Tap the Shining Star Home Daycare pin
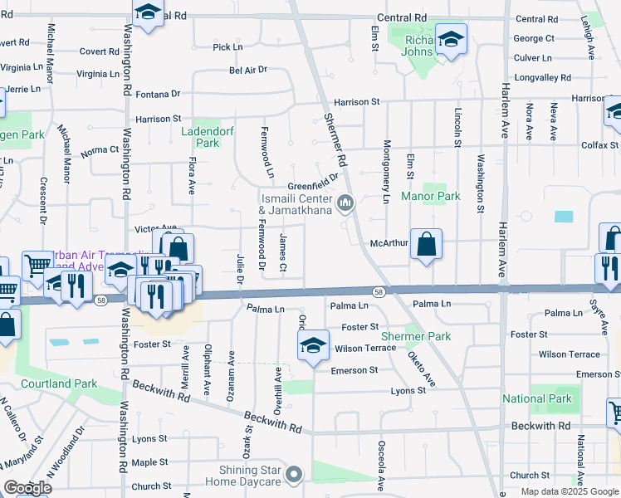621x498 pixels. (x=293, y=475)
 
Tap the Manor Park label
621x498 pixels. (x=430, y=197)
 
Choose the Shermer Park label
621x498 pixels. (x=415, y=336)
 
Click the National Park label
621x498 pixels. (x=537, y=398)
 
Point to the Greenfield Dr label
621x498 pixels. (x=314, y=186)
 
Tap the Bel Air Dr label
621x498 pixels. (x=248, y=71)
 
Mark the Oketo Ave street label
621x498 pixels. (x=420, y=369)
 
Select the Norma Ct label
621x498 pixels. (x=100, y=151)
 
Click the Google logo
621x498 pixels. (x=27, y=488)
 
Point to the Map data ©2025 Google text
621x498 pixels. (x=570, y=491)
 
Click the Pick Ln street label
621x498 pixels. (x=227, y=47)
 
